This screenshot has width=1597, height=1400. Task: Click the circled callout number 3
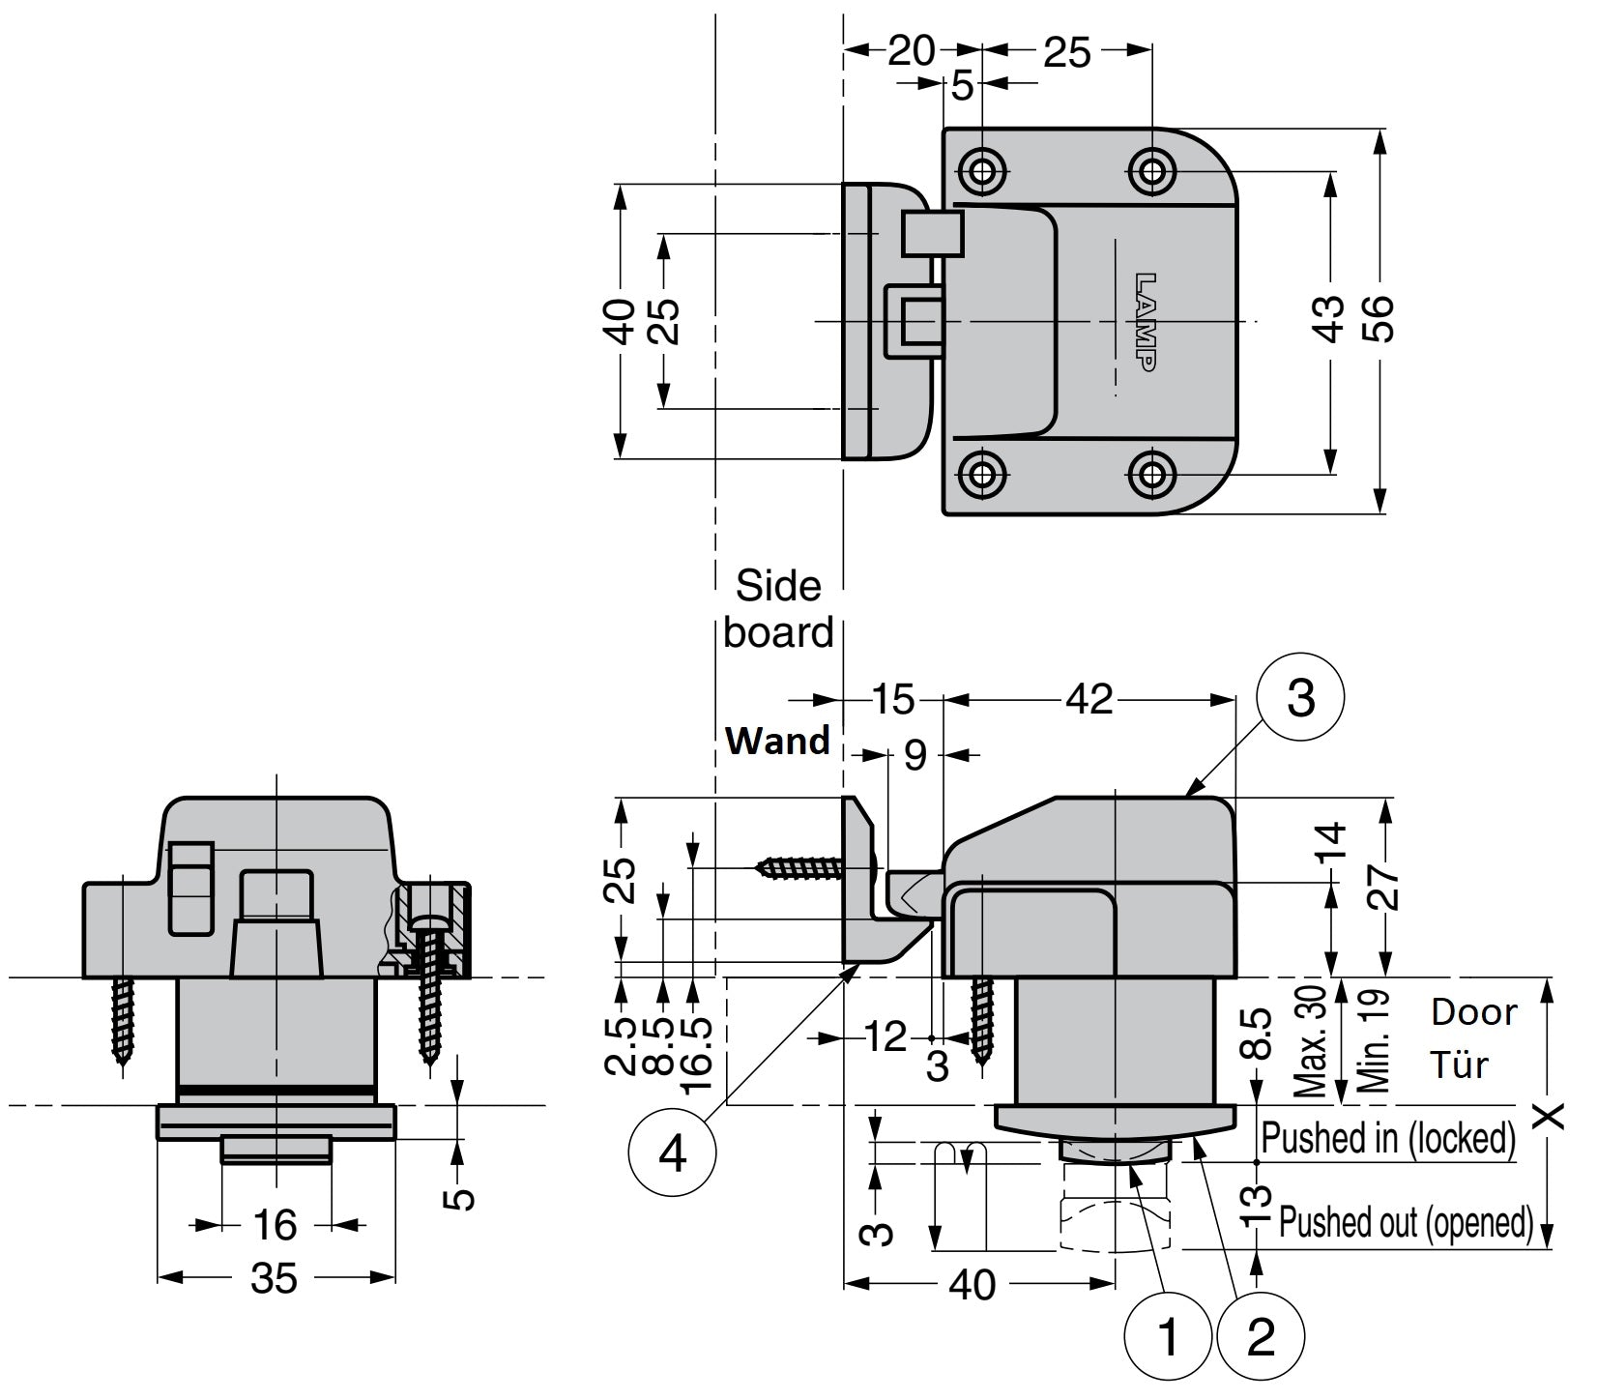coord(1300,696)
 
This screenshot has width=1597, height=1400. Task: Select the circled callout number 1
coord(1168,1337)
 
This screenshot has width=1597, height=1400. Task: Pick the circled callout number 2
coord(1261,1337)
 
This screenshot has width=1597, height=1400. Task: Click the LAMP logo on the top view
coord(1144,321)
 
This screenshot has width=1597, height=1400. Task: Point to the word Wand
coord(777,741)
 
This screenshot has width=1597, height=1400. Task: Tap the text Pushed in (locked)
coord(1388,1138)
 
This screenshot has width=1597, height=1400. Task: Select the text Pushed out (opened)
coord(1407,1222)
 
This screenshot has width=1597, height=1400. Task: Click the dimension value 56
coord(1382,318)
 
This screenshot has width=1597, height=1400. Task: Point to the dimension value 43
coord(1331,318)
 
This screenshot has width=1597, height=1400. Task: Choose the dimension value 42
coord(1089,698)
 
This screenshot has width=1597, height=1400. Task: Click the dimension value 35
coord(275,1278)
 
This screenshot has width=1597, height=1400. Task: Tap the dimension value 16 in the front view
coord(275,1226)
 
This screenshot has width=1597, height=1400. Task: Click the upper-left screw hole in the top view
coord(983,172)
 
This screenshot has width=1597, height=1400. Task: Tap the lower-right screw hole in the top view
coord(1151,474)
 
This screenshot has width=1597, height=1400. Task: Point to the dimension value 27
coord(1384,885)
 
